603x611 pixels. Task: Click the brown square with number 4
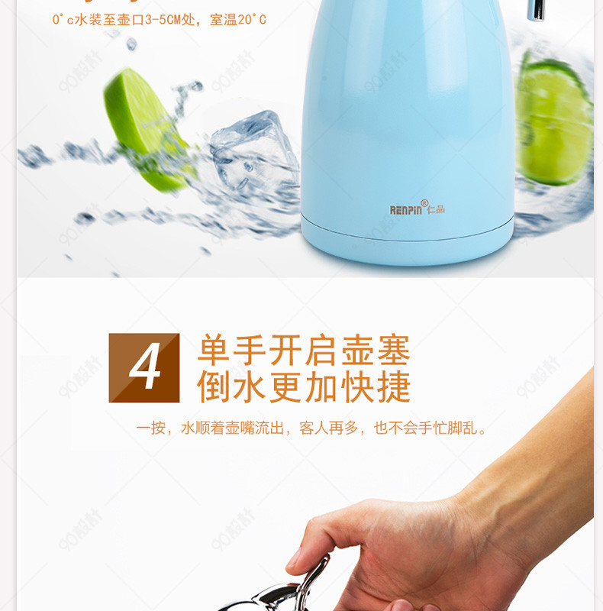coord(144,367)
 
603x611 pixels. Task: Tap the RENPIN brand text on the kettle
coord(405,210)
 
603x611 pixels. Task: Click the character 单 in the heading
coord(214,350)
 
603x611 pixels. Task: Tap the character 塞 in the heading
coord(394,350)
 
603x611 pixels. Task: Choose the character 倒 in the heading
coord(214,386)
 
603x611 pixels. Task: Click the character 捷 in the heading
coord(394,386)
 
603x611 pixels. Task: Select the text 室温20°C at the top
coord(238,20)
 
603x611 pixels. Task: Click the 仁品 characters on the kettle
coord(436,209)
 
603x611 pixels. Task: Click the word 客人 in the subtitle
coord(314,428)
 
